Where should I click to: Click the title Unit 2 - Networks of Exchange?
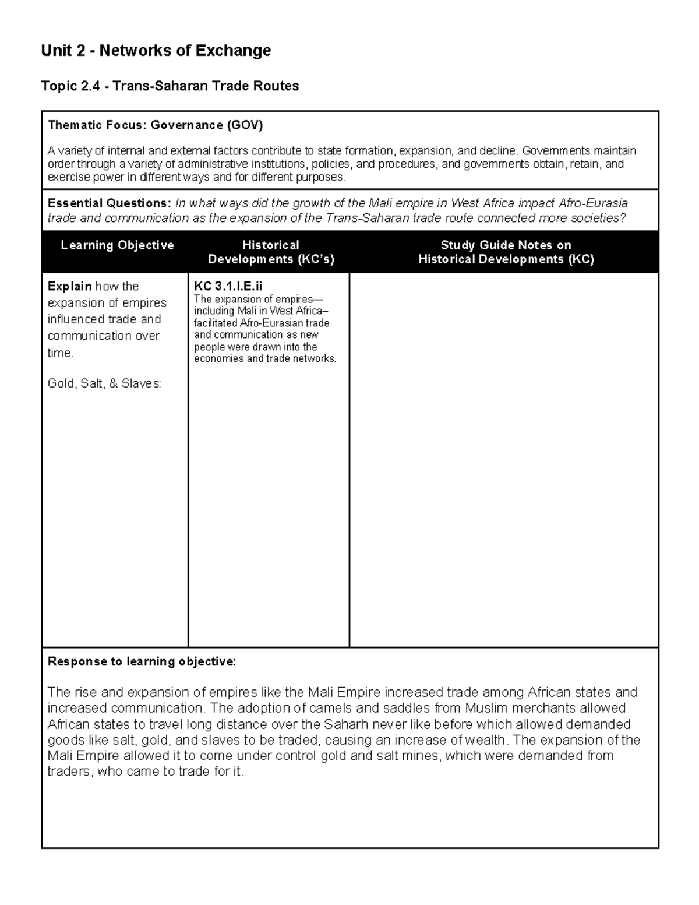(x=156, y=51)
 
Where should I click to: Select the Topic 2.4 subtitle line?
(x=170, y=86)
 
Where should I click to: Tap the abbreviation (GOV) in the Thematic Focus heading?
(x=245, y=125)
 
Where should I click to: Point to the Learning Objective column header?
(x=117, y=245)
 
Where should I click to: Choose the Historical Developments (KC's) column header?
(x=271, y=252)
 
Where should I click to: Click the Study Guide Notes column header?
(x=506, y=252)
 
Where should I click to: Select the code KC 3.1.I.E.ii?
(x=228, y=286)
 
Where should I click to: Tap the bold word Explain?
(x=69, y=286)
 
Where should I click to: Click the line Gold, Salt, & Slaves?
(x=104, y=383)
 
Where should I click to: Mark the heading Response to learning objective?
(x=142, y=661)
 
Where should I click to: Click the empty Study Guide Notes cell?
(x=504, y=460)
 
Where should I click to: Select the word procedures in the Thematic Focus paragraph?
(x=409, y=164)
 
